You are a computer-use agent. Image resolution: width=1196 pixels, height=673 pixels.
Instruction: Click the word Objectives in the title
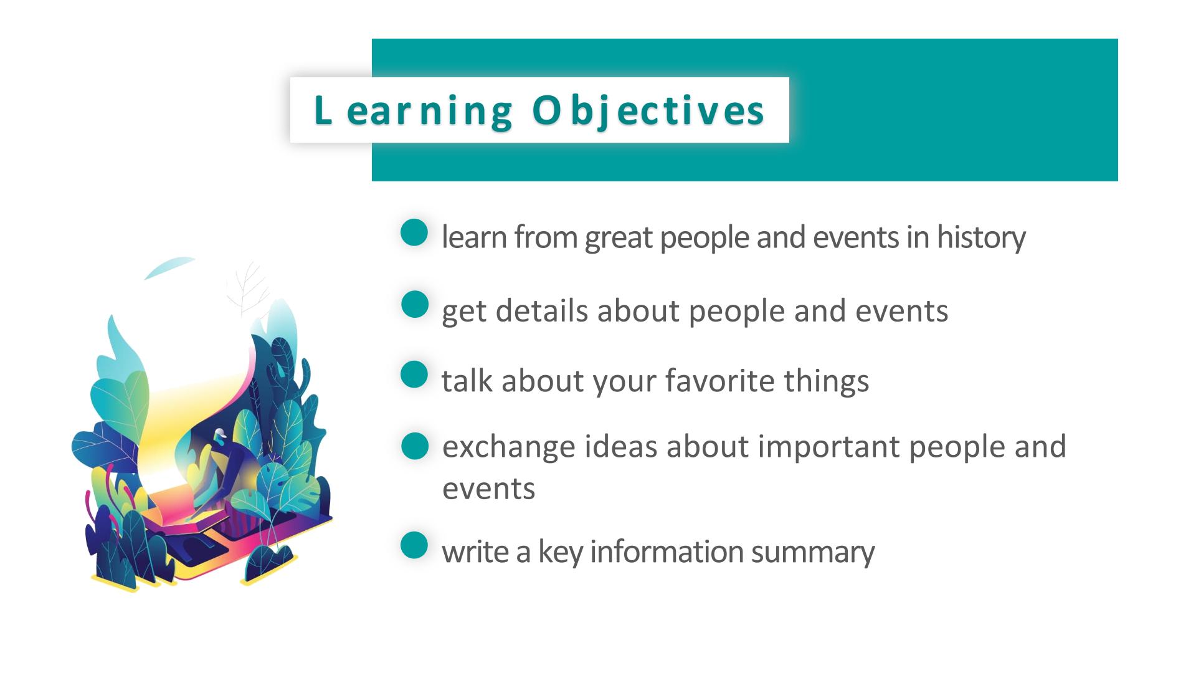[648, 111]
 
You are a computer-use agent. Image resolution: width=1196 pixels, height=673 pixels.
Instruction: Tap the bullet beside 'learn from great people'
[414, 232]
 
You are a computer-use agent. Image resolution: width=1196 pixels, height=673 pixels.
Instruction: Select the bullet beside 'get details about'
[414, 305]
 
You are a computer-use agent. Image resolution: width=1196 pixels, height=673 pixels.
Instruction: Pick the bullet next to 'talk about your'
[414, 375]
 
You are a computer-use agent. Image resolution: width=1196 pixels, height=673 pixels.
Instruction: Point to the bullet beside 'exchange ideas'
[415, 446]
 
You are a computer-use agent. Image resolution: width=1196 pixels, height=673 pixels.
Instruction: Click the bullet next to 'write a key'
[414, 545]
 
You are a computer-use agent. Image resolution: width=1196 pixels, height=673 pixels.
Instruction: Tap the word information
[667, 551]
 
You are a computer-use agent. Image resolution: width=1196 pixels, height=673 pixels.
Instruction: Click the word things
[826, 381]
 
